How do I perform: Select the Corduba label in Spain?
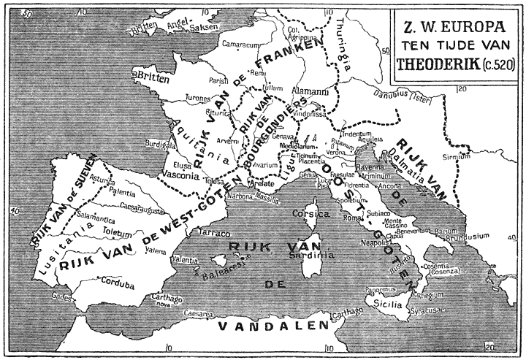(119, 278)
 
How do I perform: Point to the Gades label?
(63, 296)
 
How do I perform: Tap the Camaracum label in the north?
(242, 45)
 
